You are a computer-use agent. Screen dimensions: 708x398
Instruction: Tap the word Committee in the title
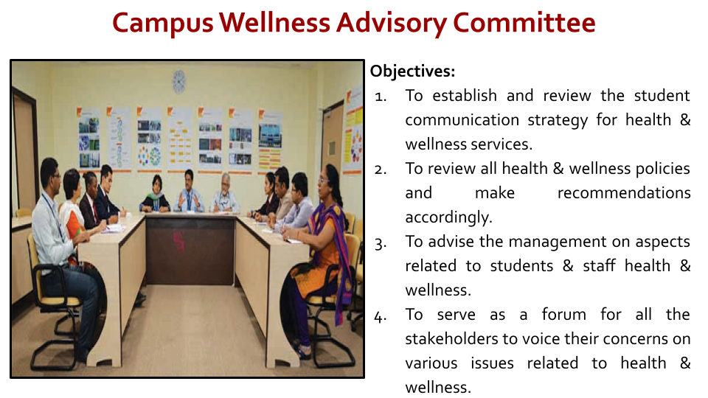[x=524, y=23]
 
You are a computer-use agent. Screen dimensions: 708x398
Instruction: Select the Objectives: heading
[x=413, y=71]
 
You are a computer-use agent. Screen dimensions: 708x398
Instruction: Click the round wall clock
[x=178, y=82]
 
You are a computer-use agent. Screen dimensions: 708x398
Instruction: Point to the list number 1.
[x=381, y=97]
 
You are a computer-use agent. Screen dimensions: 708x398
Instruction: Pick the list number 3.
[x=381, y=244]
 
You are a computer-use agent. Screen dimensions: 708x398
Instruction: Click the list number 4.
[x=381, y=317]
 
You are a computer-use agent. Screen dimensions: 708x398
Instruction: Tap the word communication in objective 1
[x=462, y=120]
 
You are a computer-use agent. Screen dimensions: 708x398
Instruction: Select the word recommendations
[x=624, y=193]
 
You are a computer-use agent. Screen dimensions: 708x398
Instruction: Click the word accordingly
[x=448, y=217]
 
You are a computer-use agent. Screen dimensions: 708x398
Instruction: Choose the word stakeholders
[x=451, y=338]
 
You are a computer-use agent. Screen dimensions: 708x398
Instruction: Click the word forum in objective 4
[x=564, y=314]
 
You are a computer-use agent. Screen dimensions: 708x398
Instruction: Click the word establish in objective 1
[x=465, y=96]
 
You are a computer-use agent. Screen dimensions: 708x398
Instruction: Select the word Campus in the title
[x=162, y=24]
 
